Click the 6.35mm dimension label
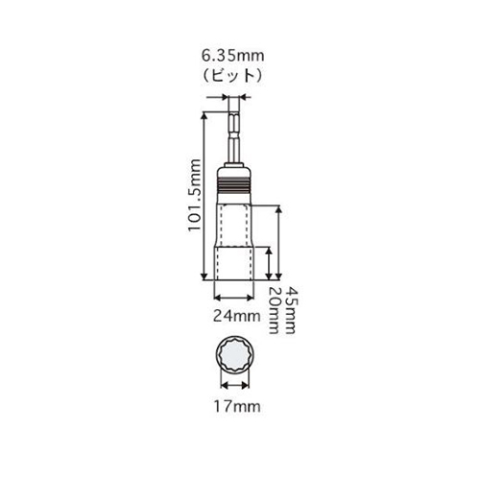232,56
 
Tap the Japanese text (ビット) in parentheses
232,76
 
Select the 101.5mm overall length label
195,195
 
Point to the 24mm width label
237,316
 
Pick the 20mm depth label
274,311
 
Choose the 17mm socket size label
237,407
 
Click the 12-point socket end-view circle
235,355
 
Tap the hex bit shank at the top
234,136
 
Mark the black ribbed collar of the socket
233,185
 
